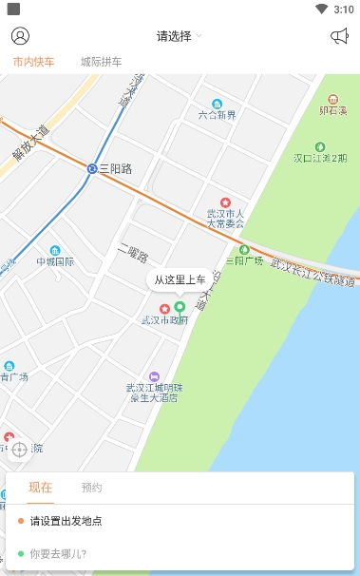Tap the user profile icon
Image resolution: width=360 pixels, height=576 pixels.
(x=20, y=36)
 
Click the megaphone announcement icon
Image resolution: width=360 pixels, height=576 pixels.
(x=339, y=36)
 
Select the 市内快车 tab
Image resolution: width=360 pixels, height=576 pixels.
(x=34, y=62)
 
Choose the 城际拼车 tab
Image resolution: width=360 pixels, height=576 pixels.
(x=101, y=62)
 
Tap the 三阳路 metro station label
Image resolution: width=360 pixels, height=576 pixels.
(x=115, y=168)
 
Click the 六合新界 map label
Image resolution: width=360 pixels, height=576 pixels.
(x=217, y=114)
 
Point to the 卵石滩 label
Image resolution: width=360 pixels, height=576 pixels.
(x=333, y=110)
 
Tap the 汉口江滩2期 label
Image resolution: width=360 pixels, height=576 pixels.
(x=319, y=157)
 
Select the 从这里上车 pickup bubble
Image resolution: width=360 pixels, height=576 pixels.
(x=180, y=279)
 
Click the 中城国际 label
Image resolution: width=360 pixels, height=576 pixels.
(x=55, y=261)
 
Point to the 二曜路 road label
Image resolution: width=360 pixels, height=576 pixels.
(x=133, y=254)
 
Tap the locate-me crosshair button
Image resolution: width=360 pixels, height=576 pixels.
(x=19, y=449)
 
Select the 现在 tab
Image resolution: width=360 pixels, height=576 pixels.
(x=40, y=488)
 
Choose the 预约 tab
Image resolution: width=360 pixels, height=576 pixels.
(x=91, y=488)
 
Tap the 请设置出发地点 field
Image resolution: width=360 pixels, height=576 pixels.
(x=66, y=521)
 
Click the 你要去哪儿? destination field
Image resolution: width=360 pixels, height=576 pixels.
(x=58, y=553)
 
